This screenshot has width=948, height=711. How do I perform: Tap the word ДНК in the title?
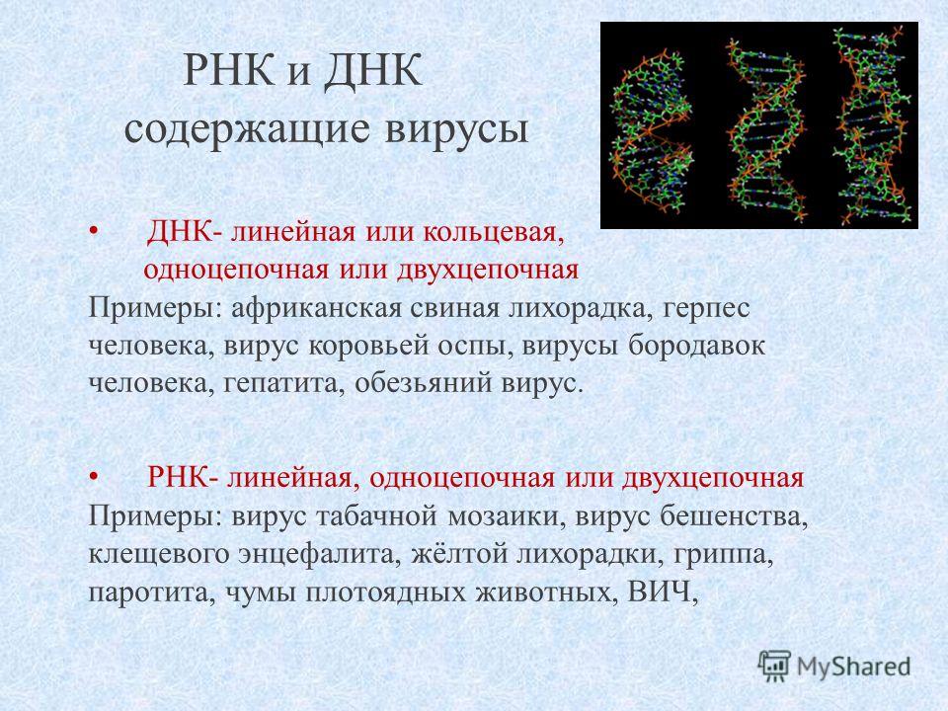(x=372, y=72)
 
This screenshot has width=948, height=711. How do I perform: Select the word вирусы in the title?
(x=456, y=128)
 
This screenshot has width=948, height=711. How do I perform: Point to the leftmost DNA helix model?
(x=651, y=128)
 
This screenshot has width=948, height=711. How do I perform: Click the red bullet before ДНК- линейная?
(x=93, y=231)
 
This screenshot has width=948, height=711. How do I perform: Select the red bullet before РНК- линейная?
(x=93, y=478)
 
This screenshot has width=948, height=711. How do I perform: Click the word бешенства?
(x=734, y=516)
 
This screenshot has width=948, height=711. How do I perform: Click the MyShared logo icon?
(x=774, y=667)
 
